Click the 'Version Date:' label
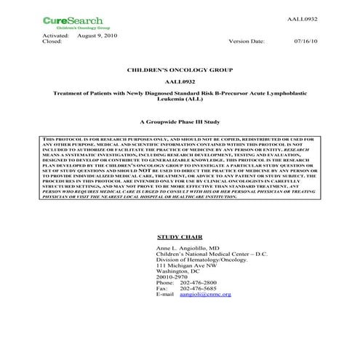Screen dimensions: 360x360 click(247, 41)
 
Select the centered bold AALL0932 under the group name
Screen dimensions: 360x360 click(181, 82)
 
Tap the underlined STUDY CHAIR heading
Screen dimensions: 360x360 click(179, 238)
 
